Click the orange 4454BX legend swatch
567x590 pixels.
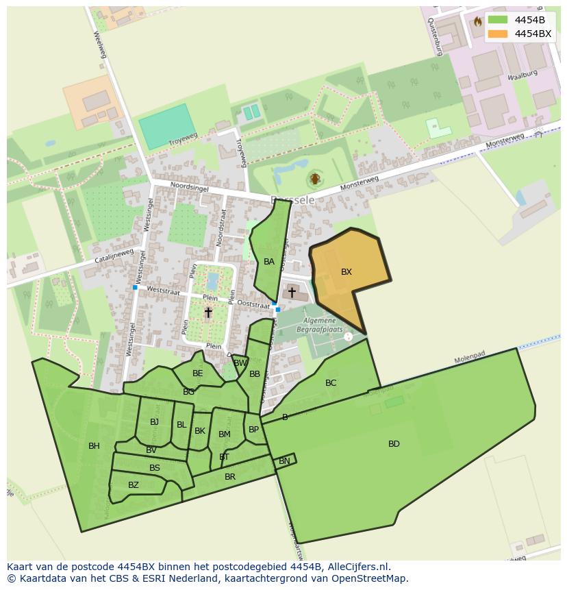[498, 34]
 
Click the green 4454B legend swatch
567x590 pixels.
[498, 20]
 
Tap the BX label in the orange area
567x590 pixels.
[346, 272]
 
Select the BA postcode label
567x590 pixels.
[269, 262]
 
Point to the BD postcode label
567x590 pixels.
[394, 444]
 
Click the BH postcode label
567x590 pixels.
[94, 446]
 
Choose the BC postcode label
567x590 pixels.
[331, 383]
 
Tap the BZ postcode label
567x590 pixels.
[134, 485]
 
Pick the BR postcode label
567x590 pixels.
[230, 477]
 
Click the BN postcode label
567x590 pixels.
[284, 462]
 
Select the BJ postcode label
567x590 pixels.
[154, 422]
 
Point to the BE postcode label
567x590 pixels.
[198, 373]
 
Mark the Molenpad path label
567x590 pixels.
[469, 360]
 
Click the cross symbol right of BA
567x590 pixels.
[292, 293]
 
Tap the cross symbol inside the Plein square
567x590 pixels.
[208, 312]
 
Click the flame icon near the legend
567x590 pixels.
[477, 22]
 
